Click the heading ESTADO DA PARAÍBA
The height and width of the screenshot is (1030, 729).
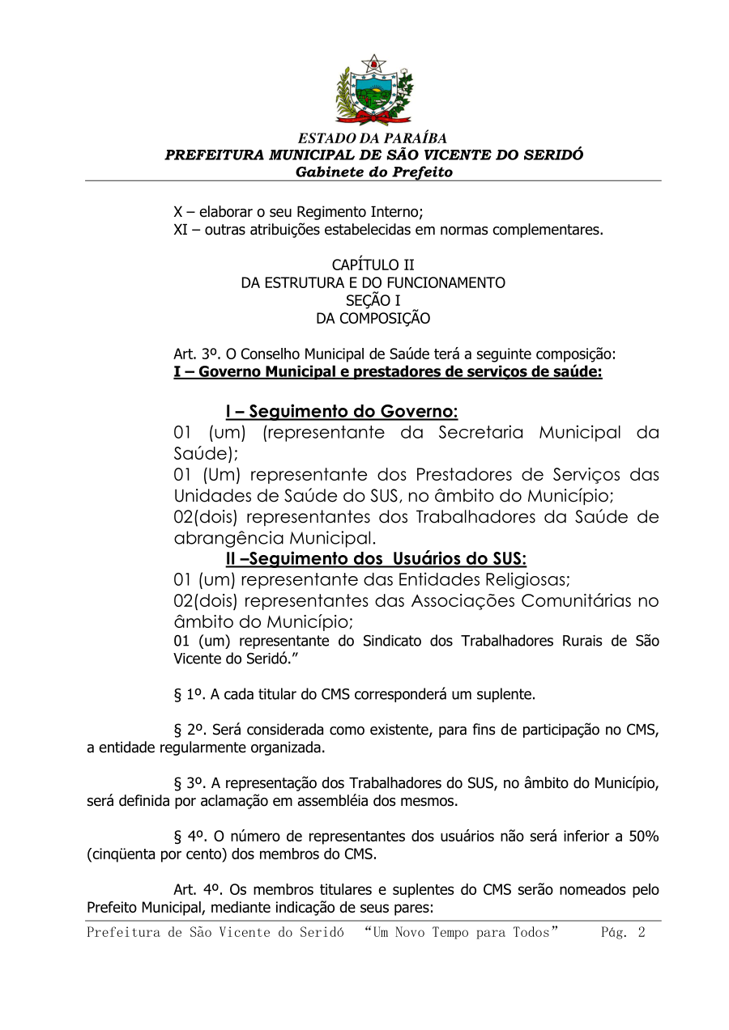(x=373, y=138)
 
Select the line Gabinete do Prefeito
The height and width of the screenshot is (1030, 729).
(x=373, y=172)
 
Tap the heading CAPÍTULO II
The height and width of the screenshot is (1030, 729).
(x=373, y=265)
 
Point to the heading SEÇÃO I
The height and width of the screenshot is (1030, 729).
(x=373, y=301)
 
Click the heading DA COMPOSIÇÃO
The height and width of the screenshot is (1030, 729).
(x=373, y=319)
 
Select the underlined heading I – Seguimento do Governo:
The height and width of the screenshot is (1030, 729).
(x=341, y=412)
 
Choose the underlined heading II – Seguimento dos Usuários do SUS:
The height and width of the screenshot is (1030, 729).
(x=376, y=559)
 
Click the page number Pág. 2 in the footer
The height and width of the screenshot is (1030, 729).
(x=622, y=932)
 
